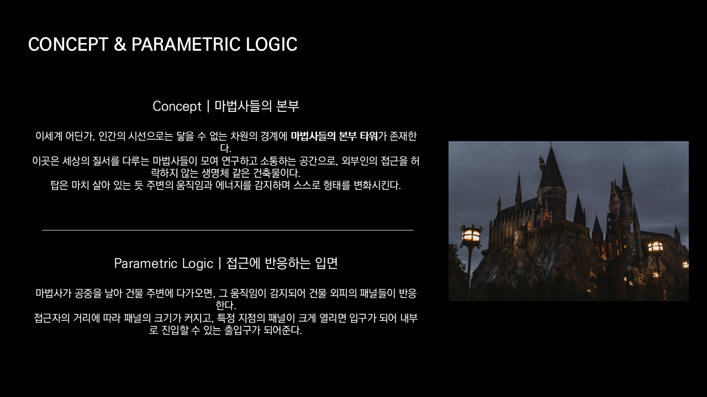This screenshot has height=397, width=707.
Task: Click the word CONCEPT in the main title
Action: pos(68,44)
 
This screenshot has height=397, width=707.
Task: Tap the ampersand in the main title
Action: pos(120,44)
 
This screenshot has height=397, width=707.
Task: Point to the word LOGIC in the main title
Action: pos(271,44)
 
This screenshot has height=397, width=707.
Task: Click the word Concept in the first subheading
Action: pos(177,106)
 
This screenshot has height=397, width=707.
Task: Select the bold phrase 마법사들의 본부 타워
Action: pos(334,136)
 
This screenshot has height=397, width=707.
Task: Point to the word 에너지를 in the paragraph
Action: pos(233,185)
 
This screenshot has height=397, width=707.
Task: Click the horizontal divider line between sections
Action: pos(228,230)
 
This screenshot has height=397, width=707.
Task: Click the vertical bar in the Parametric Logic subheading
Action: pos(220,263)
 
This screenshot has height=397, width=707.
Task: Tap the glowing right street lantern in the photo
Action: pos(655,246)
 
